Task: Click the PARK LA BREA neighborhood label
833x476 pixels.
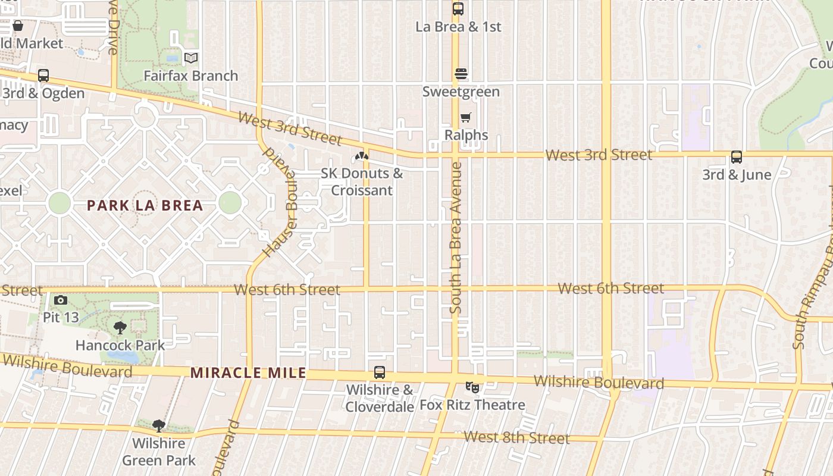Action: pos(145,206)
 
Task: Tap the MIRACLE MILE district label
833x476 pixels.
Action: pos(248,373)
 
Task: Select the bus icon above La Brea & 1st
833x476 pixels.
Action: pos(458,9)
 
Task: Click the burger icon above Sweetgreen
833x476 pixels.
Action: pos(461,74)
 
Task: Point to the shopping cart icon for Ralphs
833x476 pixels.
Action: pos(465,118)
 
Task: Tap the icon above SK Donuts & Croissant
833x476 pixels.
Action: pos(361,156)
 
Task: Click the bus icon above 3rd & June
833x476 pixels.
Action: pos(737,157)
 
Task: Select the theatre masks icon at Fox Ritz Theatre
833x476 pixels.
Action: pos(472,387)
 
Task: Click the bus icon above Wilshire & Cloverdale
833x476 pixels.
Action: pos(380,372)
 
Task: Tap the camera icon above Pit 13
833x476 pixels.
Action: pos(60,300)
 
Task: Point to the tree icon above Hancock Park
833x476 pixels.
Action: pos(120,327)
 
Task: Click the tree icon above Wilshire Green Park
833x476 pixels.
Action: pos(158,425)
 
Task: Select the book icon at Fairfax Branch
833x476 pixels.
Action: pos(190,58)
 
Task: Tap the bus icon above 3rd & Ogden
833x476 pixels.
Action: pos(43,76)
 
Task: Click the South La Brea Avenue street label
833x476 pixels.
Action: pos(456,238)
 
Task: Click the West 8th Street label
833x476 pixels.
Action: pos(516,438)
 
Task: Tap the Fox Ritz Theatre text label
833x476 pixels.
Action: pos(472,405)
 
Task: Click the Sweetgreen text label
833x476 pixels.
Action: pos(461,92)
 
